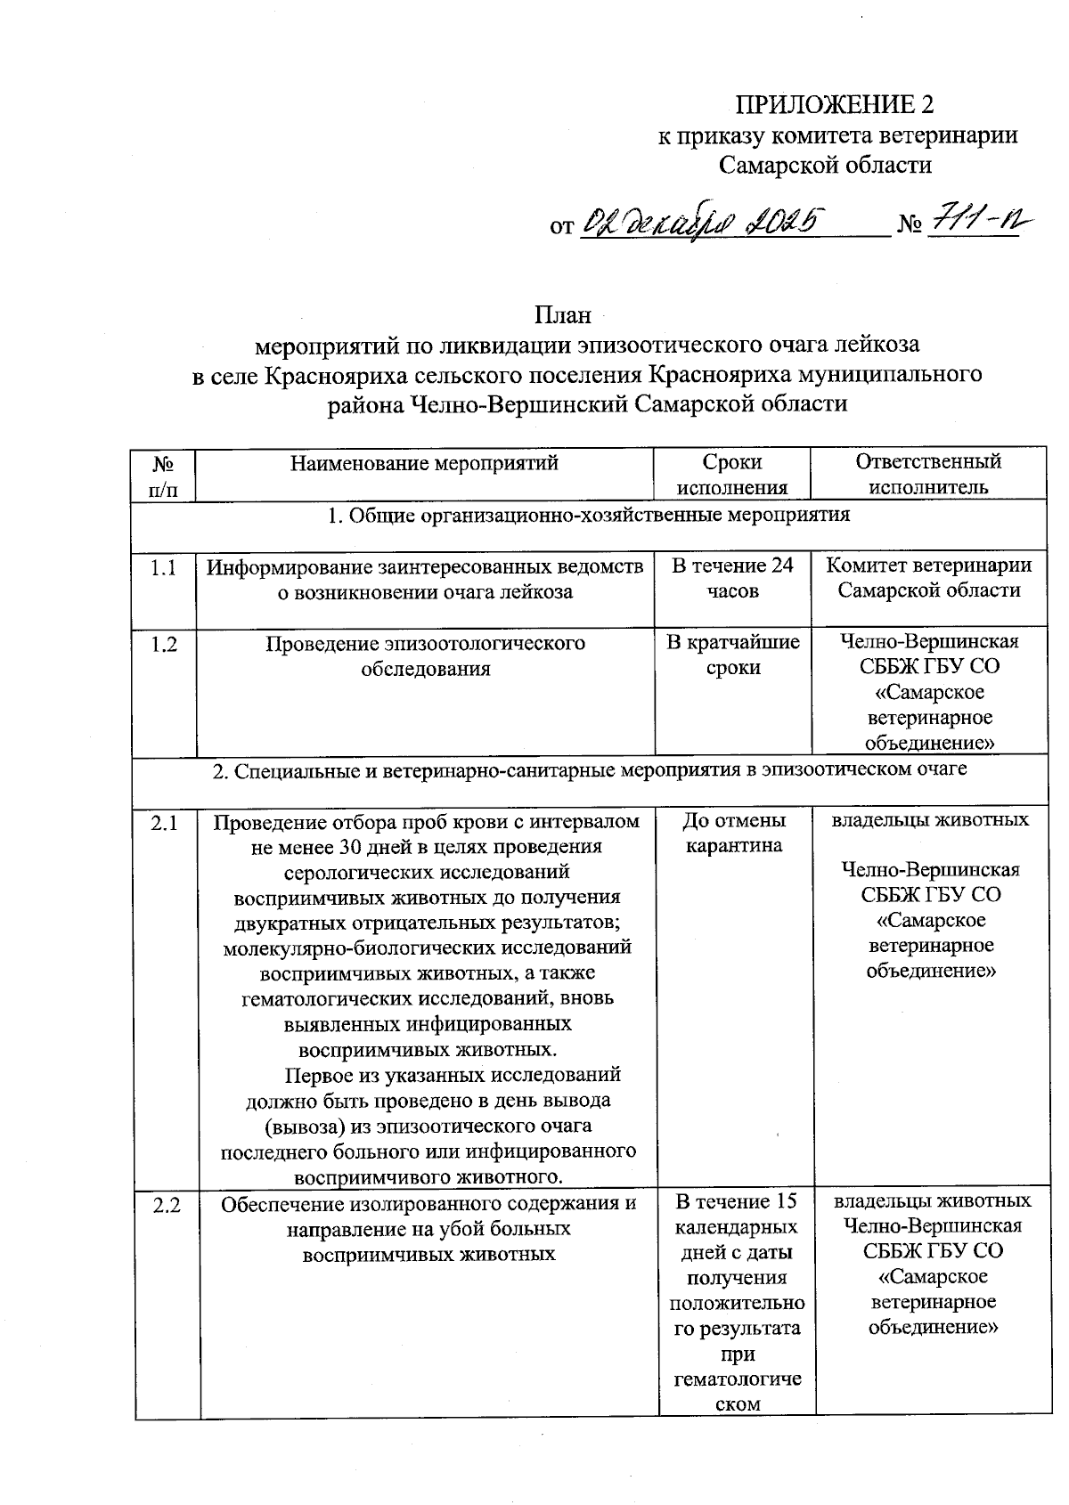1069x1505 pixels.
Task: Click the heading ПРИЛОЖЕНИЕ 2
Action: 834,105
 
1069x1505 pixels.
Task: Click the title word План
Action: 562,315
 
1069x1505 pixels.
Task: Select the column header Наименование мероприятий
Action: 424,462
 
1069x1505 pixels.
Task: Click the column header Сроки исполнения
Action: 732,474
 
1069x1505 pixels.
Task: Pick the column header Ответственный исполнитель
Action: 928,474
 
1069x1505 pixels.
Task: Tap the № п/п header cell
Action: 163,474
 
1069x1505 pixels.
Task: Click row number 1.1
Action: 163,567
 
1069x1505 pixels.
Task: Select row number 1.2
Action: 163,644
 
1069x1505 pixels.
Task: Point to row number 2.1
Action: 165,824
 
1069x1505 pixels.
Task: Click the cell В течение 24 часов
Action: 732,578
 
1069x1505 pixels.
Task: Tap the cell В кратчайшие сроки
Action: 732,655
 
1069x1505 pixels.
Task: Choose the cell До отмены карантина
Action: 734,833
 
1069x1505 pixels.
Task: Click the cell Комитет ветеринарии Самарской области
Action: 928,578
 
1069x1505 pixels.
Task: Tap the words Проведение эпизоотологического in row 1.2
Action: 425,643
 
